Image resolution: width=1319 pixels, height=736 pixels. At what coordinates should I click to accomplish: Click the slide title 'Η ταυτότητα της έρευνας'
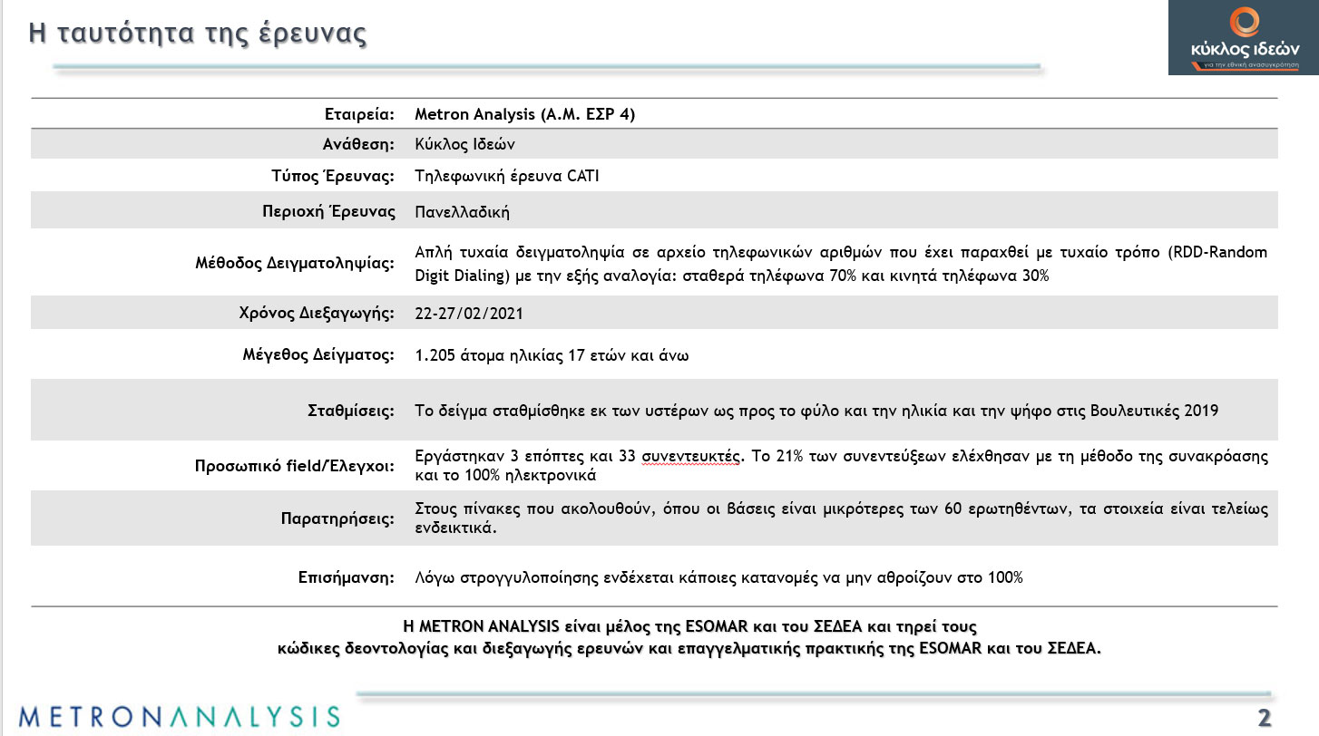point(198,34)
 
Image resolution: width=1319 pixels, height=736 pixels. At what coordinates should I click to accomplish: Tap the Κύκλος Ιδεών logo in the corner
point(1244,38)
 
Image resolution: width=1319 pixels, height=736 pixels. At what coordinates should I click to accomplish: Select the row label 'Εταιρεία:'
point(360,114)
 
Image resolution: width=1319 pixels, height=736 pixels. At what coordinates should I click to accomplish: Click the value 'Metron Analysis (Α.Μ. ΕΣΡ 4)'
point(524,114)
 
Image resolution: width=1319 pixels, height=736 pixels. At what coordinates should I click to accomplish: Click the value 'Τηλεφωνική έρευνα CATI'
point(506,176)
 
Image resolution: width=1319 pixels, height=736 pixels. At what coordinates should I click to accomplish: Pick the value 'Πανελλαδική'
point(462,212)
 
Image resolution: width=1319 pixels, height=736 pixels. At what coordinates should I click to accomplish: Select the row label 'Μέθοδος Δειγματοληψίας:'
point(295,264)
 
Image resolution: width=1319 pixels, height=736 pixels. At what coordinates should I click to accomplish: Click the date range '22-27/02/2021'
point(469,314)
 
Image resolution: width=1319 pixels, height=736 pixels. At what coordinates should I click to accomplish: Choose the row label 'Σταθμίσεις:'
point(351,411)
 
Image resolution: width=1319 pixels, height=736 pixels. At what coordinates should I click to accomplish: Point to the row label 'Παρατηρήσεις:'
point(337,519)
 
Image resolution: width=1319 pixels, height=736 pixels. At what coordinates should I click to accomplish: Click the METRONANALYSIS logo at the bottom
point(179,715)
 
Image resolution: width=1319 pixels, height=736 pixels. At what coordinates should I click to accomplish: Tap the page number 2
point(1264,718)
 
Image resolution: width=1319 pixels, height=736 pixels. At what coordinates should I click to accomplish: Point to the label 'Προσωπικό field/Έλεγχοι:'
point(295,467)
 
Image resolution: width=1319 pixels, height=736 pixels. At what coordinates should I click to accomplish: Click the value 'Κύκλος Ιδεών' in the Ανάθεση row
point(464,145)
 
